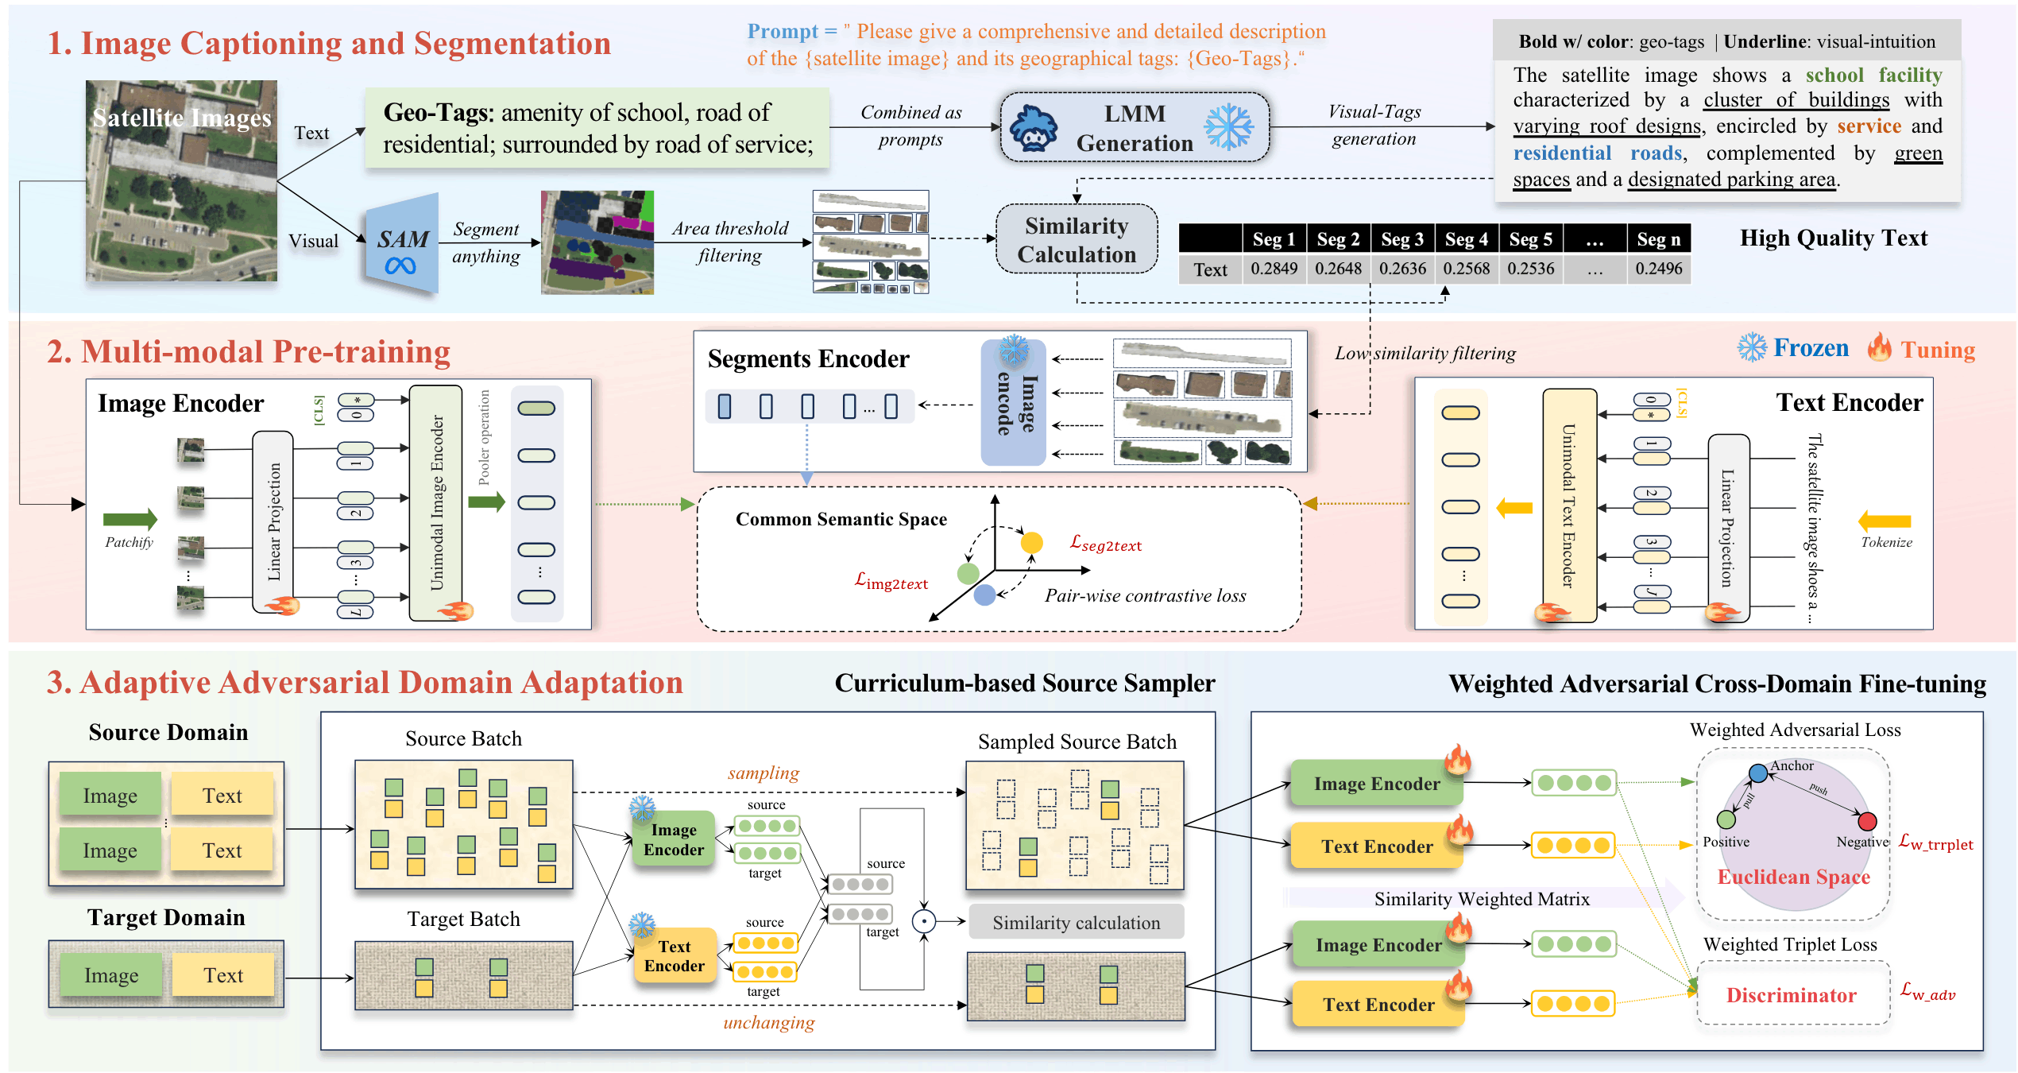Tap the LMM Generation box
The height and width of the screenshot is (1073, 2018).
pyautogui.click(x=1135, y=128)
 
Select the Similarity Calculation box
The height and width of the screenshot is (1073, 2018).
pyautogui.click(x=1077, y=239)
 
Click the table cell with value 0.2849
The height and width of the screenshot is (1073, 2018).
pyautogui.click(x=1274, y=269)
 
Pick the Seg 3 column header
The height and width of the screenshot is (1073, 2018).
pyautogui.click(x=1402, y=238)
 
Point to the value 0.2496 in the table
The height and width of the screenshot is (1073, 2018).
pyautogui.click(x=1658, y=269)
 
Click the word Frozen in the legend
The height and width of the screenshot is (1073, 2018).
pyautogui.click(x=1811, y=348)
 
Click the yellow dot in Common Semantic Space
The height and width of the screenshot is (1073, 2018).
pyautogui.click(x=1031, y=543)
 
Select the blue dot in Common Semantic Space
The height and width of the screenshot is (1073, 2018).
pyautogui.click(x=984, y=595)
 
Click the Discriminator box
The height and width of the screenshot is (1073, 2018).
pyautogui.click(x=1792, y=995)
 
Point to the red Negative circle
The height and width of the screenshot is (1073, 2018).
pyautogui.click(x=1867, y=821)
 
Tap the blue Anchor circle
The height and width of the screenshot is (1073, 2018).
pyautogui.click(x=1758, y=773)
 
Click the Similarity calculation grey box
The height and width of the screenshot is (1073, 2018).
pyautogui.click(x=1076, y=923)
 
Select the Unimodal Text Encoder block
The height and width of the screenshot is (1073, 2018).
pyautogui.click(x=1569, y=506)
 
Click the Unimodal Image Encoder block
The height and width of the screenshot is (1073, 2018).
pyautogui.click(x=435, y=503)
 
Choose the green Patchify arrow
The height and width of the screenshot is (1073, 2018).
pyautogui.click(x=130, y=520)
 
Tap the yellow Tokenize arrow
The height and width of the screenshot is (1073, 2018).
pyautogui.click(x=1885, y=521)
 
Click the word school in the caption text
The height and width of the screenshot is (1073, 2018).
pyautogui.click(x=1834, y=76)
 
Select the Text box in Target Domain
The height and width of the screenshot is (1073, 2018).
pyautogui.click(x=223, y=975)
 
